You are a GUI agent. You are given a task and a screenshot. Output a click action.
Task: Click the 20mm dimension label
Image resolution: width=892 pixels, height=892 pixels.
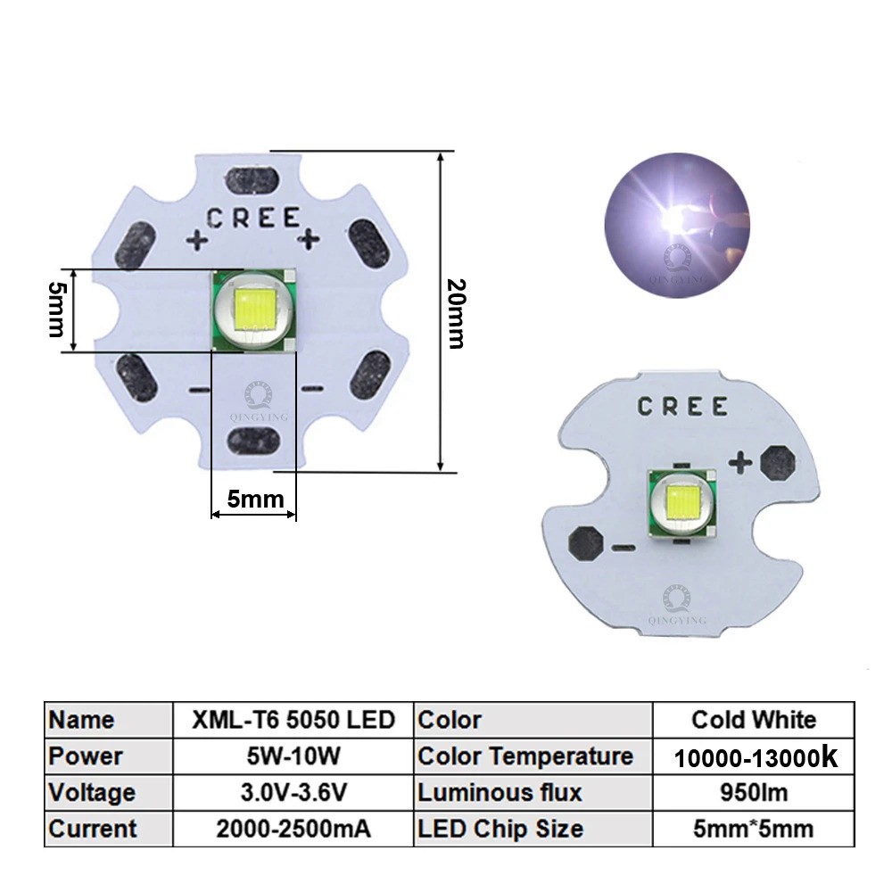(456, 313)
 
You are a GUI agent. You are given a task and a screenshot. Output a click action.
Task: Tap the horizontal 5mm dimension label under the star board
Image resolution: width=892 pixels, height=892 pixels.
(255, 499)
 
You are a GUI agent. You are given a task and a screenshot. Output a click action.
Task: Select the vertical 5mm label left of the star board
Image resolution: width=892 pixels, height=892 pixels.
(57, 310)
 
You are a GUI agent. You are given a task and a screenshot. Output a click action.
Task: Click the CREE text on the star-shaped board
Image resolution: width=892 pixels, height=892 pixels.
(253, 218)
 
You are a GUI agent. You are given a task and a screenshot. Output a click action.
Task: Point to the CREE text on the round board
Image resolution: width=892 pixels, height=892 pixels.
(682, 406)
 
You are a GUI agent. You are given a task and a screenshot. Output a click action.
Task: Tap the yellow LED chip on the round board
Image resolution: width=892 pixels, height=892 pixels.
(682, 503)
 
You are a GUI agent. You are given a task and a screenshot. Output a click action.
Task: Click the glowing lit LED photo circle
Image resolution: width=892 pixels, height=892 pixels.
(677, 226)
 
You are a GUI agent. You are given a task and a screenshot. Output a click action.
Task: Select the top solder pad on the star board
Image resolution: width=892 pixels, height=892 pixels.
(252, 180)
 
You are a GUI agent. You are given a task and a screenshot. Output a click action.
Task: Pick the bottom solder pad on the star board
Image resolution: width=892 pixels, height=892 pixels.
(253, 442)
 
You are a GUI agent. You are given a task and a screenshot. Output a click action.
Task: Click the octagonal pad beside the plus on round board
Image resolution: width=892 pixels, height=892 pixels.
(778, 462)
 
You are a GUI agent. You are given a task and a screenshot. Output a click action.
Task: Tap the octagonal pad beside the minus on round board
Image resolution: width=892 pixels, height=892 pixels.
(585, 542)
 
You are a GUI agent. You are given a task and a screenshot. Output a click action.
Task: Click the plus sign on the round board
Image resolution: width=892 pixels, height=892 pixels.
(740, 462)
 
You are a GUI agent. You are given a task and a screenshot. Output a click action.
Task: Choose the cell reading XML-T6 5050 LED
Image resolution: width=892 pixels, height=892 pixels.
(293, 720)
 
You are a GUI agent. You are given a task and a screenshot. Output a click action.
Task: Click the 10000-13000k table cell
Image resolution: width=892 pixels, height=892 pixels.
(754, 756)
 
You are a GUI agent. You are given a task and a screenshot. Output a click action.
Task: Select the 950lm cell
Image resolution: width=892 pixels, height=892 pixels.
(754, 792)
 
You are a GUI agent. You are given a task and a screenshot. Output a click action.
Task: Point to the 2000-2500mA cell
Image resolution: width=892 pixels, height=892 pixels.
(293, 829)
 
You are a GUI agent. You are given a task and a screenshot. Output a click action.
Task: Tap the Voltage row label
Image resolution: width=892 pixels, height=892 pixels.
(109, 792)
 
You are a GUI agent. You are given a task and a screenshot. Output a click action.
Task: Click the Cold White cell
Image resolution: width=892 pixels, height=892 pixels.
(754, 720)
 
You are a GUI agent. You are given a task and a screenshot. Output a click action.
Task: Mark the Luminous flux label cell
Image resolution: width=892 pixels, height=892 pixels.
(533, 792)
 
